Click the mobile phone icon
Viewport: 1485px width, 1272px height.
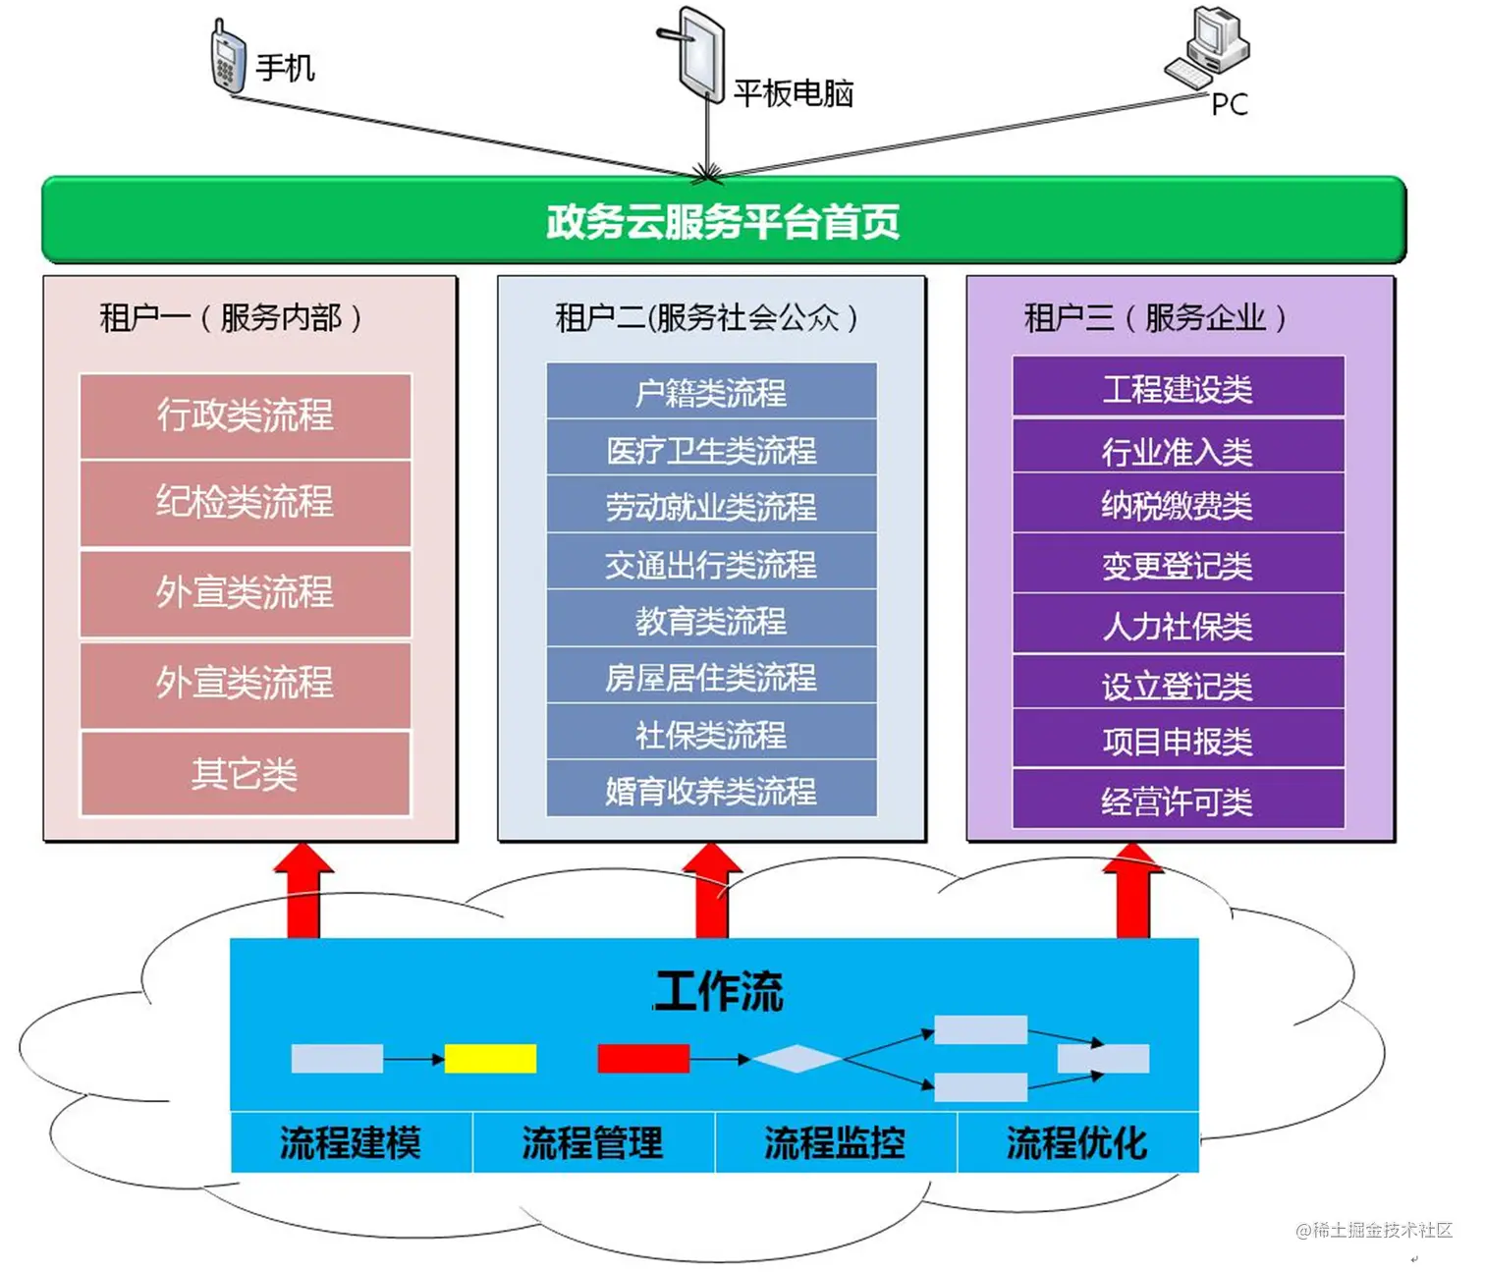pyautogui.click(x=228, y=58)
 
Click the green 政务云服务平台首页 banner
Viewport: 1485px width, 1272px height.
pyautogui.click(x=724, y=221)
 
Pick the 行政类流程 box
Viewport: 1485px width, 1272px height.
pyautogui.click(x=245, y=415)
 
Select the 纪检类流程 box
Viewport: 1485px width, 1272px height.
pyautogui.click(x=245, y=503)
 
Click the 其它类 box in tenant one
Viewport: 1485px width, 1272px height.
pyautogui.click(x=245, y=774)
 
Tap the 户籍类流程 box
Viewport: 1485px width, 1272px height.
pyautogui.click(x=711, y=392)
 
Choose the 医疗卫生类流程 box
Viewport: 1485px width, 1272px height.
pyautogui.click(x=711, y=449)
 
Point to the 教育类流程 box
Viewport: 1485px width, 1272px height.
pyautogui.click(x=711, y=620)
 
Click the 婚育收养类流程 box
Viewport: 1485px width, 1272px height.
pyautogui.click(x=711, y=790)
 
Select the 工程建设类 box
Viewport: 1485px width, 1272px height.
pyautogui.click(x=1178, y=388)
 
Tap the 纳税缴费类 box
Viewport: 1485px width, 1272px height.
pyautogui.click(x=1178, y=505)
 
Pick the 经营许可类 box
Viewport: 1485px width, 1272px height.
pyautogui.click(x=1178, y=801)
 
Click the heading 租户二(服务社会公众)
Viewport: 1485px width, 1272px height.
pyautogui.click(x=707, y=317)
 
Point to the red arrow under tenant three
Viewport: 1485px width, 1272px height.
pyautogui.click(x=1133, y=891)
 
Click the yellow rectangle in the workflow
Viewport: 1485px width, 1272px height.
pyautogui.click(x=490, y=1058)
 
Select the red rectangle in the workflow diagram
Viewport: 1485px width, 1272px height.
pyautogui.click(x=643, y=1058)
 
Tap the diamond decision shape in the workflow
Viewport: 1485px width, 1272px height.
pyautogui.click(x=797, y=1058)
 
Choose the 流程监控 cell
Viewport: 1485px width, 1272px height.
pyautogui.click(x=835, y=1142)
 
